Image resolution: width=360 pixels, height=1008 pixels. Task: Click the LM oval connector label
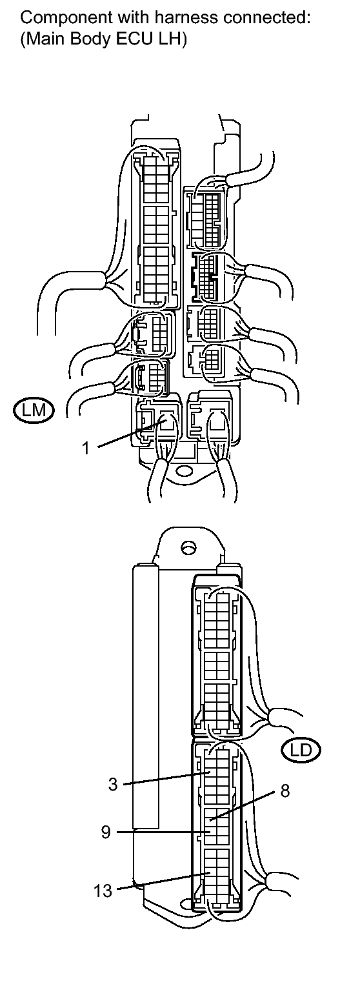[32, 410]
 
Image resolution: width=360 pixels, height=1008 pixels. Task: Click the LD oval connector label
[301, 750]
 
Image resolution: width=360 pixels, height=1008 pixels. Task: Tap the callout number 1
[86, 449]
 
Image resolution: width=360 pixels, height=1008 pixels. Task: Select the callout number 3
[113, 784]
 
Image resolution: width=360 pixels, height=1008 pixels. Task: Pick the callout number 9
[106, 832]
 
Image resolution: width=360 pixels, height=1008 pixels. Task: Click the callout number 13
[103, 890]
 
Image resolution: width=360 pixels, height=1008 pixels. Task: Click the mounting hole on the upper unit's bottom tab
[183, 471]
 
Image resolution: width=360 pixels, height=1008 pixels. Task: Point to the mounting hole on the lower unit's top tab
[188, 548]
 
